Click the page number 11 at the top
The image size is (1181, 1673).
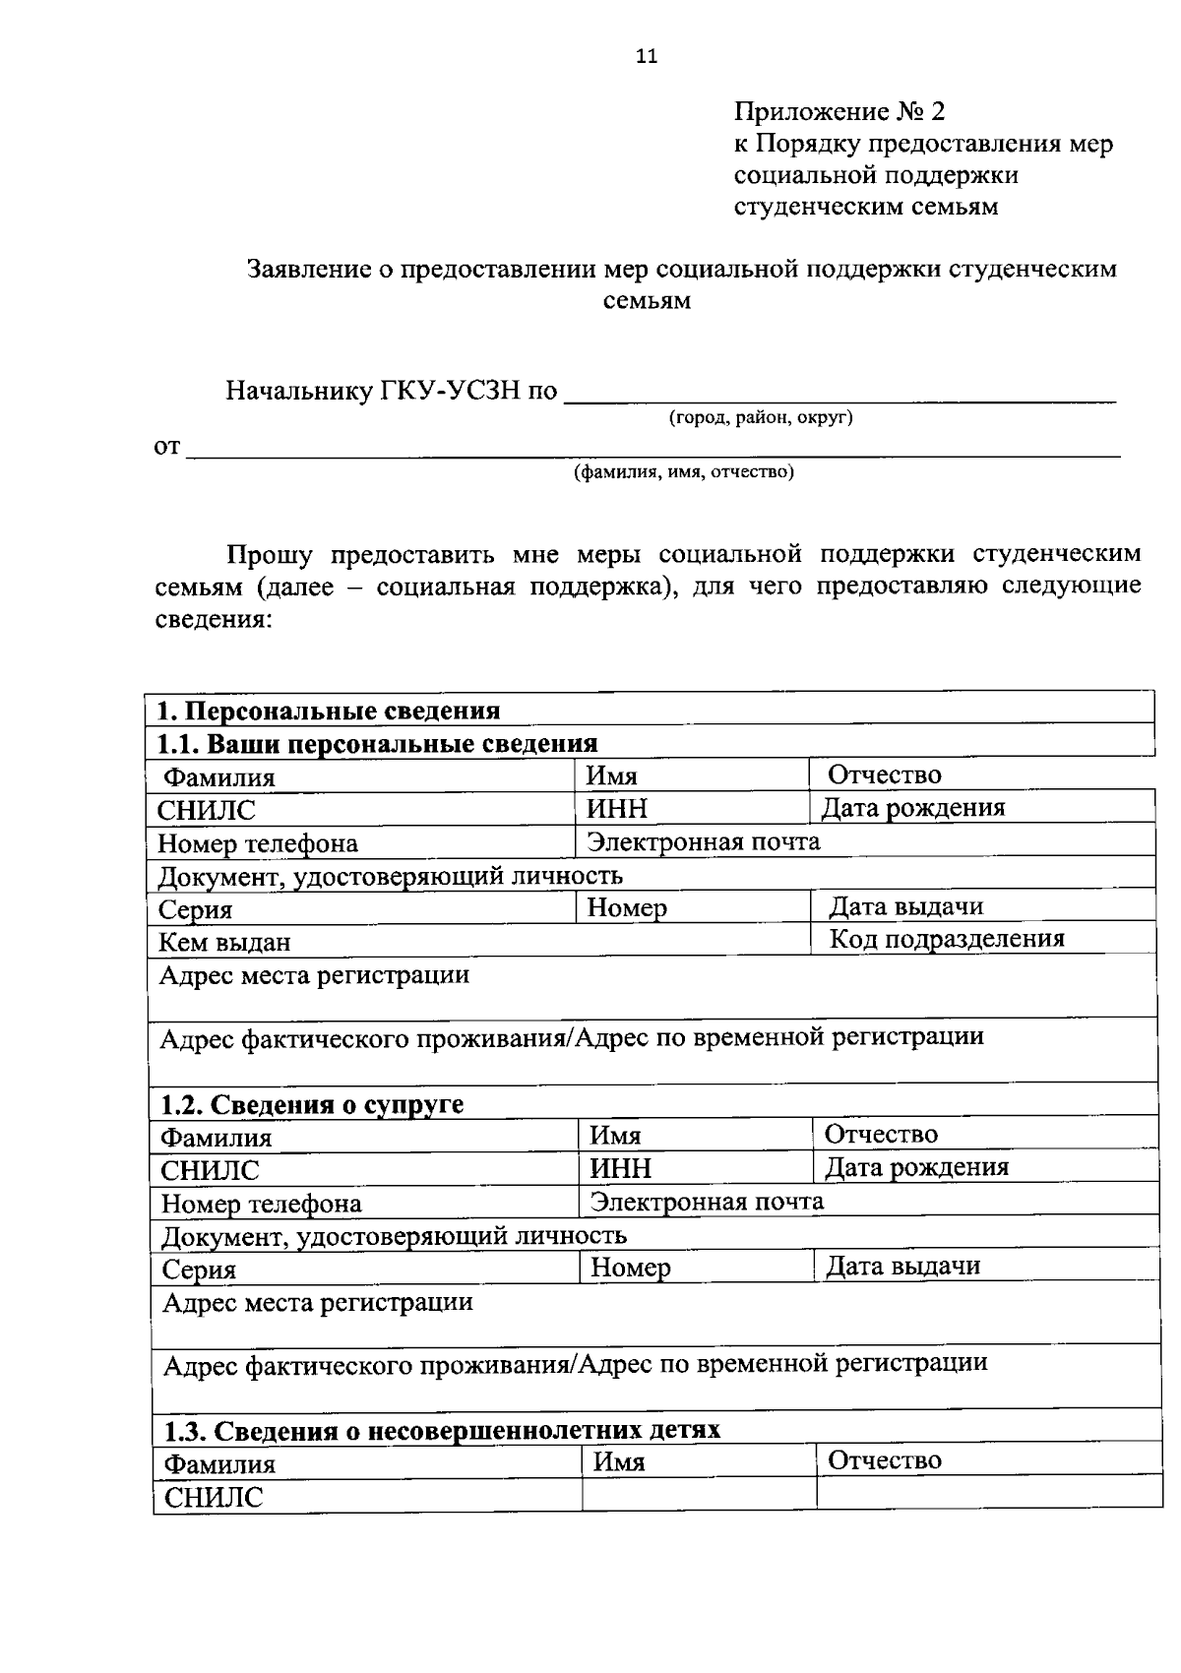point(647,56)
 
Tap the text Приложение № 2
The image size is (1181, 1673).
point(839,111)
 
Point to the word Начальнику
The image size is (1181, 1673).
point(299,392)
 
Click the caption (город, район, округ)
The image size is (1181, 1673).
point(761,417)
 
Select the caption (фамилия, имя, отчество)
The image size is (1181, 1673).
point(684,471)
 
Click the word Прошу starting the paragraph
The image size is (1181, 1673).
point(269,554)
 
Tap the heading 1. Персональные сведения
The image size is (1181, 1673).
point(330,711)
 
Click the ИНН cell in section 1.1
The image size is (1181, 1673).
point(618,809)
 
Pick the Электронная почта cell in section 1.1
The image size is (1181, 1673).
point(704,841)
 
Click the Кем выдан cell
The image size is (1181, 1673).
point(225,943)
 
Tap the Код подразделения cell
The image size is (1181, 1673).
point(947,939)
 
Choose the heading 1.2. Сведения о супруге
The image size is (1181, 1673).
point(313,1104)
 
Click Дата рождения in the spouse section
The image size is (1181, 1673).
point(916,1167)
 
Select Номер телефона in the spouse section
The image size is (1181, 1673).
point(262,1204)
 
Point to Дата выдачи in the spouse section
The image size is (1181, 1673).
point(902,1266)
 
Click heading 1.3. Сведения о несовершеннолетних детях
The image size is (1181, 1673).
point(442,1430)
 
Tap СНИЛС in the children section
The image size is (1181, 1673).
point(214,1498)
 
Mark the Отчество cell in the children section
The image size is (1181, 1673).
point(885,1460)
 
